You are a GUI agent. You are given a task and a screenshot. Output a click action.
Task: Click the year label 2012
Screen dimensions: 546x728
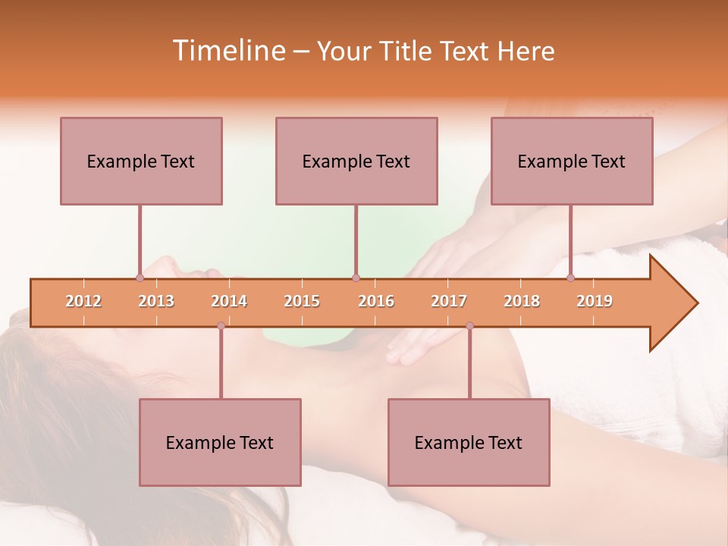point(83,301)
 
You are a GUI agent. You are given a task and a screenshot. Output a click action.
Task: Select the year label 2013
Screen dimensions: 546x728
point(156,301)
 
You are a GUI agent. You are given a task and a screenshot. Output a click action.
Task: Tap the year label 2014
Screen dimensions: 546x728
point(229,301)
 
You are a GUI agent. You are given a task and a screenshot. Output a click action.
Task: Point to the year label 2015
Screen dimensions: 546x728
point(302,301)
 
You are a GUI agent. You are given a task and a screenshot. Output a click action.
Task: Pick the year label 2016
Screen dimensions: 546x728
point(376,301)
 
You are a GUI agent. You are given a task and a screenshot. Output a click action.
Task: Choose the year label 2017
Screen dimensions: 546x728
point(449,301)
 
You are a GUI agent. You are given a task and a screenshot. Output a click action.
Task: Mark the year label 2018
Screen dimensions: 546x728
point(522,301)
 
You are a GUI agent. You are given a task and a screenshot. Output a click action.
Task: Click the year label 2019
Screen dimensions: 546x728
point(595,301)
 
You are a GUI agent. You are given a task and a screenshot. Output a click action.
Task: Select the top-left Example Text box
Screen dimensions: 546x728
point(141,161)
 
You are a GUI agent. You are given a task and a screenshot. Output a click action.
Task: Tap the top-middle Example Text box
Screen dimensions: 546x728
point(356,161)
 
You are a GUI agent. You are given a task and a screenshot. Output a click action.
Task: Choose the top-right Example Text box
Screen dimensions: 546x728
point(572,161)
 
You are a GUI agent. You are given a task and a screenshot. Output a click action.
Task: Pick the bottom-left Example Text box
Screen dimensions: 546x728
point(220,442)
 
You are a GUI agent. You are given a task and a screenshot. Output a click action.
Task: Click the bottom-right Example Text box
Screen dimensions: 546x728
point(469,442)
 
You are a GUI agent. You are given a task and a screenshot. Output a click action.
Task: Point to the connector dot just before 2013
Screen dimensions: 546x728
point(140,278)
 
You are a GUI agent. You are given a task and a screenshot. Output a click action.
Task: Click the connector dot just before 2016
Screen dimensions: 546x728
point(356,278)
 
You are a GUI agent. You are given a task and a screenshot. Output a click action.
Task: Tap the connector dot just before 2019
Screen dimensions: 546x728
point(571,278)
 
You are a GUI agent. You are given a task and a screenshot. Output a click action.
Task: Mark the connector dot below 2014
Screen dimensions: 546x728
point(221,325)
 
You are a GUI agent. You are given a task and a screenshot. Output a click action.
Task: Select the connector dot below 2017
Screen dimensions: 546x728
point(469,325)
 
